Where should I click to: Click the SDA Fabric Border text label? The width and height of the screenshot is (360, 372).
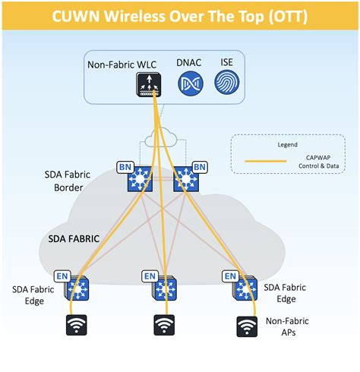point(74,180)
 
